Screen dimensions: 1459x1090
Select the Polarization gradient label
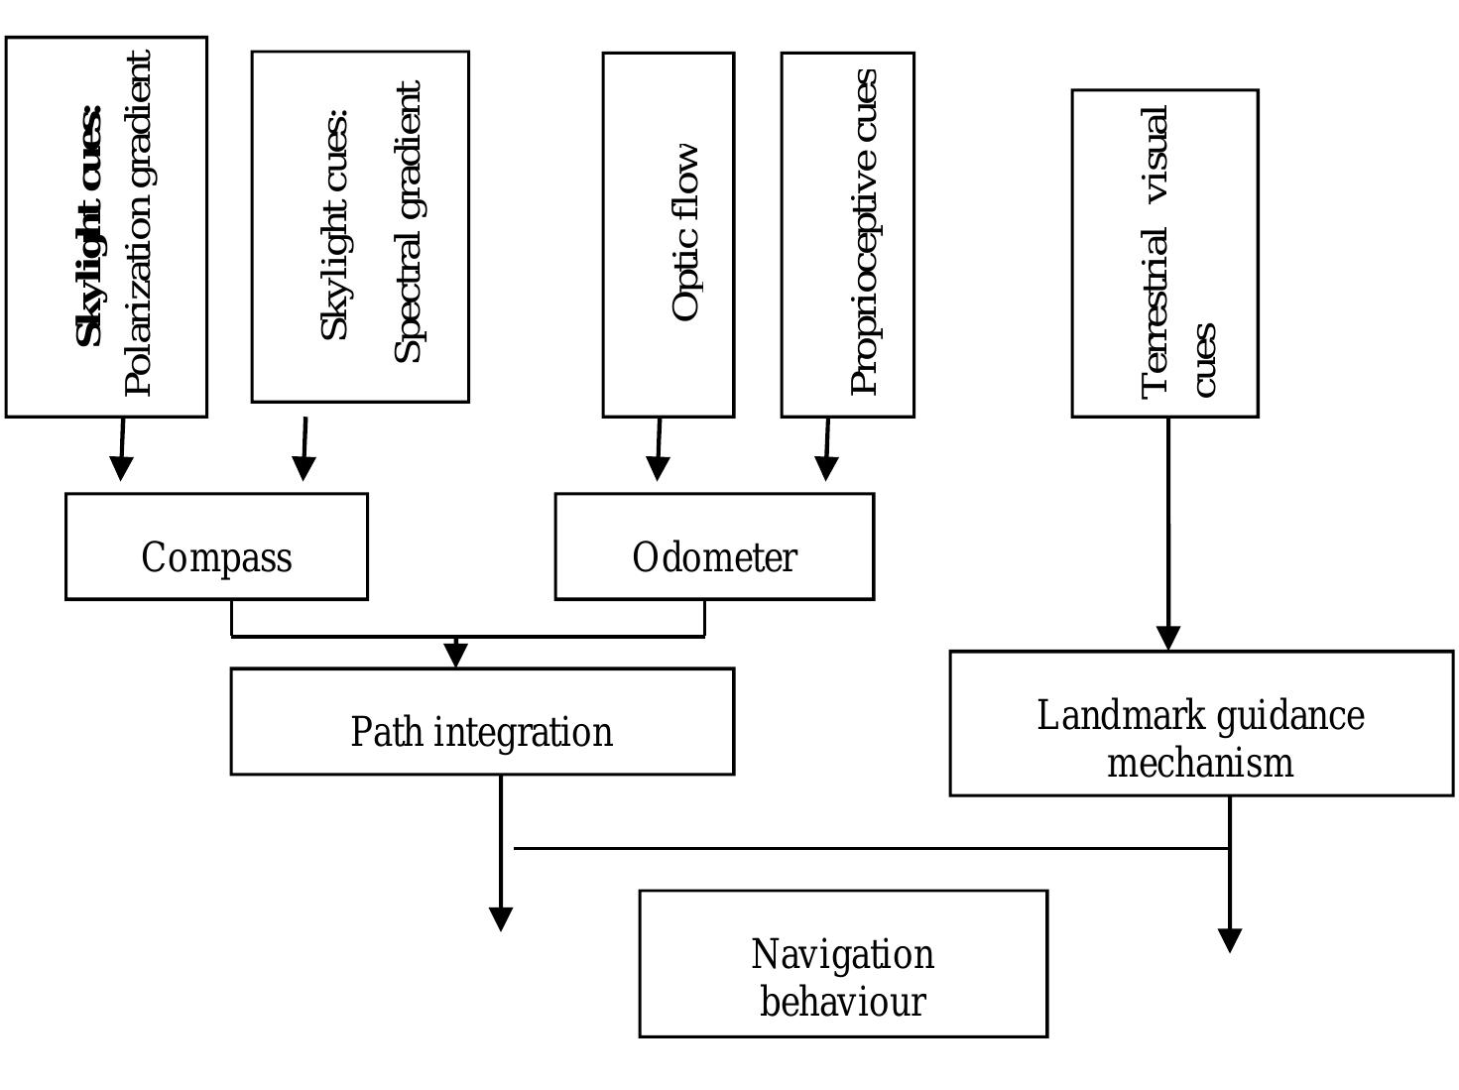(x=138, y=223)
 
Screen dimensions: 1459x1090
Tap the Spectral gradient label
(x=408, y=222)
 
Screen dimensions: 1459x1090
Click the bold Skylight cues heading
(x=89, y=226)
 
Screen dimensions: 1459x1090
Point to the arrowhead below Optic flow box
(x=658, y=468)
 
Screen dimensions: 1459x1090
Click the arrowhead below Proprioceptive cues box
(x=826, y=468)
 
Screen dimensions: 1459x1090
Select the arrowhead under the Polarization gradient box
(x=121, y=468)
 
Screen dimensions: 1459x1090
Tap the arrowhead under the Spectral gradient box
(x=304, y=468)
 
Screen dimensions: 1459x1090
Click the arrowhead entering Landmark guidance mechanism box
(x=1168, y=638)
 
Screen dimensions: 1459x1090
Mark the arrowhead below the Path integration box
(x=501, y=919)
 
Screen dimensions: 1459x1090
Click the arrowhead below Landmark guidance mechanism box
(x=1230, y=941)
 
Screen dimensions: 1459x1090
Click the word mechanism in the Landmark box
(x=1200, y=763)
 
